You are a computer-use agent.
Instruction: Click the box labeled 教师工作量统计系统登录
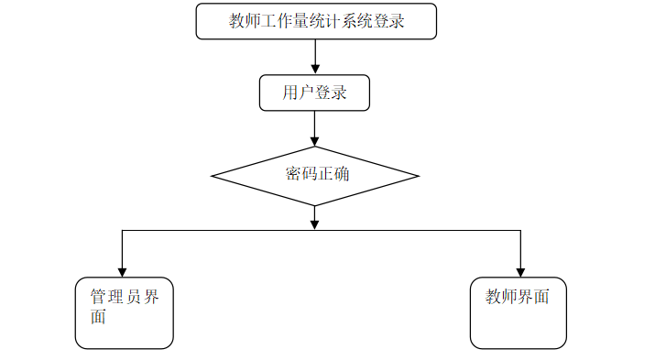coord(316,21)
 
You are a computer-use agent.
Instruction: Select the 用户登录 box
coord(314,93)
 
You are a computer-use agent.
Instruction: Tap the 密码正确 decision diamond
coord(315,176)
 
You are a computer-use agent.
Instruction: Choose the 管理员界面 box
coord(124,312)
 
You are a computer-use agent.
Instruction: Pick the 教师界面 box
coord(518,312)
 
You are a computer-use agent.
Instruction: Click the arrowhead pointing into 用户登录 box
coord(315,70)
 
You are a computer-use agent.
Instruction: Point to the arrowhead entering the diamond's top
coord(314,141)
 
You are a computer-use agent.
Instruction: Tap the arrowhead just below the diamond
coord(314,224)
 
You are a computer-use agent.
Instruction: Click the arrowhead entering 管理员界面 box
coord(122,272)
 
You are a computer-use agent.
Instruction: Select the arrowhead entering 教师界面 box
coord(520,272)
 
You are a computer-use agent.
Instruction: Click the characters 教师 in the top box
coord(245,21)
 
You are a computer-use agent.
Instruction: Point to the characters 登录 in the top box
coord(389,21)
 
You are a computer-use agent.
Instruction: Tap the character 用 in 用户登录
coord(290,93)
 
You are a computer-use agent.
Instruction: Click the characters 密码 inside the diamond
coord(301,174)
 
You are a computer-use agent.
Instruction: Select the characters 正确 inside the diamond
coord(333,174)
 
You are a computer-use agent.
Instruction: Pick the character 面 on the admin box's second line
coord(98,317)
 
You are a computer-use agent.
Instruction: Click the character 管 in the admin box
coord(98,297)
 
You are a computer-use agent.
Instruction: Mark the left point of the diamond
coord(212,176)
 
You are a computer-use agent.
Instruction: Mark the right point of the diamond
coord(419,176)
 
